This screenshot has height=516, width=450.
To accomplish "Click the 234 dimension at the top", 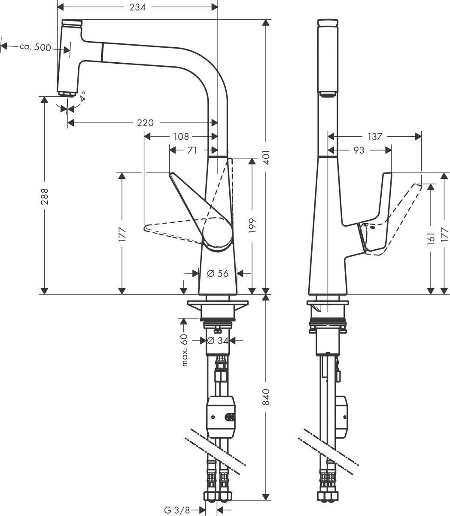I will point(138,7).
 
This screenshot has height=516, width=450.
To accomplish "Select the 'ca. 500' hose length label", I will point(36,47).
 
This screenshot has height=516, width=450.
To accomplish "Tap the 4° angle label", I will point(82,95).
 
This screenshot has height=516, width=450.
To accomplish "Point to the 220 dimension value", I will point(145,123).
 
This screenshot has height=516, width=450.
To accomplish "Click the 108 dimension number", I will point(181,137).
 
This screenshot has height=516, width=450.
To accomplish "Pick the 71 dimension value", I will point(192,150).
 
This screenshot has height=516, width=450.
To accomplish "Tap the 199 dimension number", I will point(252,226).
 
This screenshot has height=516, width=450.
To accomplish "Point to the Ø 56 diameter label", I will point(218,273).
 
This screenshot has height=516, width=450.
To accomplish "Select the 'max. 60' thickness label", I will point(185,351).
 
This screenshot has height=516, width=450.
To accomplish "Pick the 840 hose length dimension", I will point(267,398).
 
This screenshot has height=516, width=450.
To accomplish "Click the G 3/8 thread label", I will point(176,510).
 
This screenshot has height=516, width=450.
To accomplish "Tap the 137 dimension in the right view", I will point(374,137).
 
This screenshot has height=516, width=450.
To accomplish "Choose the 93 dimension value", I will point(359,150).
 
